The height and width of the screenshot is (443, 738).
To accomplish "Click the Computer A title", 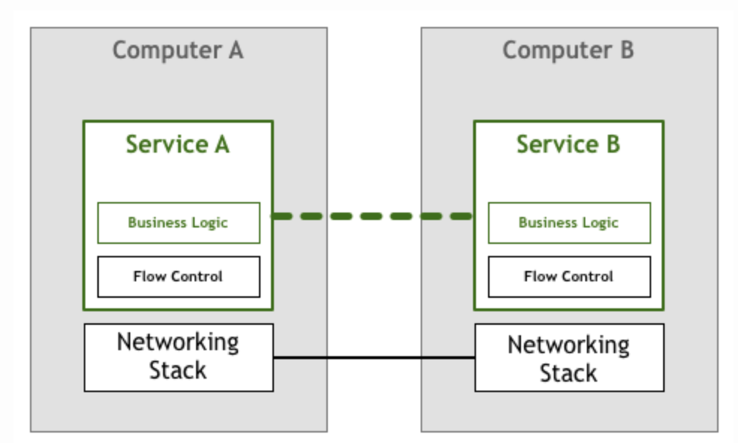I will tap(177, 51).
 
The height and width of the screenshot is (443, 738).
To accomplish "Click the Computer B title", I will tap(568, 51).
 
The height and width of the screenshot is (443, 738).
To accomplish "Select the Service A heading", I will tap(177, 144).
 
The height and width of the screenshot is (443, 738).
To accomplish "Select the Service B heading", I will tap(568, 144).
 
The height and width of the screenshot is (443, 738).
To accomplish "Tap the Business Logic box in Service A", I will tap(178, 222).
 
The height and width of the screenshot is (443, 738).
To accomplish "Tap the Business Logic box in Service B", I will tap(569, 222).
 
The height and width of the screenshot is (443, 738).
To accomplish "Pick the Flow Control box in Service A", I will tap(178, 276).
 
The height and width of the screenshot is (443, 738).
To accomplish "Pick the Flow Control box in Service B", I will tap(569, 276).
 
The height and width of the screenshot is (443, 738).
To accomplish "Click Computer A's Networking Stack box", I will tap(178, 357).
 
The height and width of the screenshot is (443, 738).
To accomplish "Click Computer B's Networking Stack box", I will tap(569, 358).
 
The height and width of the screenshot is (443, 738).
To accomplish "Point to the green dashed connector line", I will tap(373, 216).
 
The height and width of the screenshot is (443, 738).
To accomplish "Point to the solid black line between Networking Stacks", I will tap(373, 358).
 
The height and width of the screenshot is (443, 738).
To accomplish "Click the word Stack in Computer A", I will tap(178, 370).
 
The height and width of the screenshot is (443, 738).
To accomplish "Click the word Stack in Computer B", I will tap(569, 373).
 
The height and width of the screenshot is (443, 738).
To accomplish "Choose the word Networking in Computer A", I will tap(178, 343).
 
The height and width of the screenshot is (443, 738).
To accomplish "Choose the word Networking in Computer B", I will tap(569, 345).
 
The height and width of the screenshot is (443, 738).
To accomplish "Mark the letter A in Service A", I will tap(221, 144).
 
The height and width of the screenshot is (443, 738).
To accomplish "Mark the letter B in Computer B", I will tap(626, 51).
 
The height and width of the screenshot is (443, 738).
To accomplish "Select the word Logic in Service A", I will tap(210, 223).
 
